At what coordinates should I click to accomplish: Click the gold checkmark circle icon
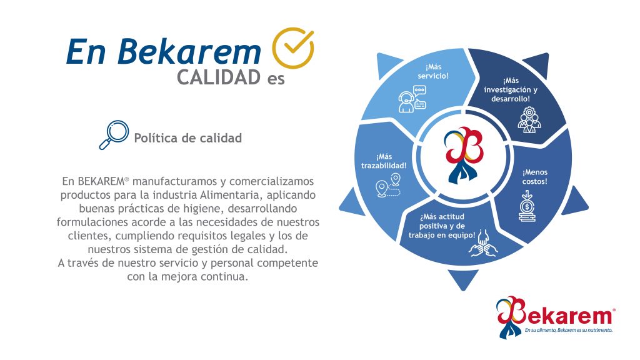point(292,47)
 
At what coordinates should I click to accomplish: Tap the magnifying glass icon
point(114,135)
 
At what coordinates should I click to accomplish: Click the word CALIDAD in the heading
point(219,77)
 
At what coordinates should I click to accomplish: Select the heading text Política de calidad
point(187,138)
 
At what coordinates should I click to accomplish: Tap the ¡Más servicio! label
point(433,71)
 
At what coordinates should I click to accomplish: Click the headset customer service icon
point(412,99)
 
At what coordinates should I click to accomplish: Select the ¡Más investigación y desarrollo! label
point(511,90)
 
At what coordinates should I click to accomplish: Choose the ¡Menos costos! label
point(535,177)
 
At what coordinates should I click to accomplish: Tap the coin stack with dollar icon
point(527,206)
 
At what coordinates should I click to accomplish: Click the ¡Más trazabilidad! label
point(384,161)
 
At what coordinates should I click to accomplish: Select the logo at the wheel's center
point(463,155)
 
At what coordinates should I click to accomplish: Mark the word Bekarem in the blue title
point(189,52)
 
